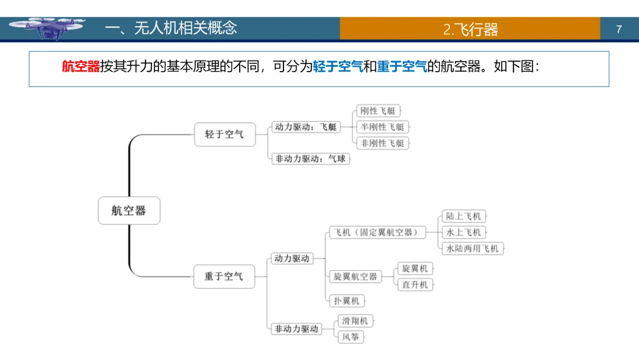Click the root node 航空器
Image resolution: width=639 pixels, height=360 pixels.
129,210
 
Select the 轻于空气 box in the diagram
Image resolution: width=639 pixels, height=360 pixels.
224,134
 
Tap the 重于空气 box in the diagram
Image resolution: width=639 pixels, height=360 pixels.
224,277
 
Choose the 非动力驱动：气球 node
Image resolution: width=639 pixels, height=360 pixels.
310,159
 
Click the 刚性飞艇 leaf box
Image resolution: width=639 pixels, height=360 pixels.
378,111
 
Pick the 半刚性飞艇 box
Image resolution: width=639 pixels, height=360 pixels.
383,127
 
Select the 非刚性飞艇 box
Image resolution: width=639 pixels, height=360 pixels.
383,143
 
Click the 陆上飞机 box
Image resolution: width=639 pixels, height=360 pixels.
464,216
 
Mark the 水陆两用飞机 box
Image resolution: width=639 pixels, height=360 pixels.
472,248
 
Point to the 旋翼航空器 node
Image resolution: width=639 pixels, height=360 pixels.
355,277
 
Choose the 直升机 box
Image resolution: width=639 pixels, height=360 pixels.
415,285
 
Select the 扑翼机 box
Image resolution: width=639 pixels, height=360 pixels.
347,301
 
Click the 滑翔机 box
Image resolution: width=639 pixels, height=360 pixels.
355,321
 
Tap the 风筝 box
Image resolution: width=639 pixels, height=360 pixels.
351,337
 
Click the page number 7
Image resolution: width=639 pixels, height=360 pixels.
619,29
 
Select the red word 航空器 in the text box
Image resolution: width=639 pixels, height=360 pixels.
80,67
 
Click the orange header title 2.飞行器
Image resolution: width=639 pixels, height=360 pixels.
470,29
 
